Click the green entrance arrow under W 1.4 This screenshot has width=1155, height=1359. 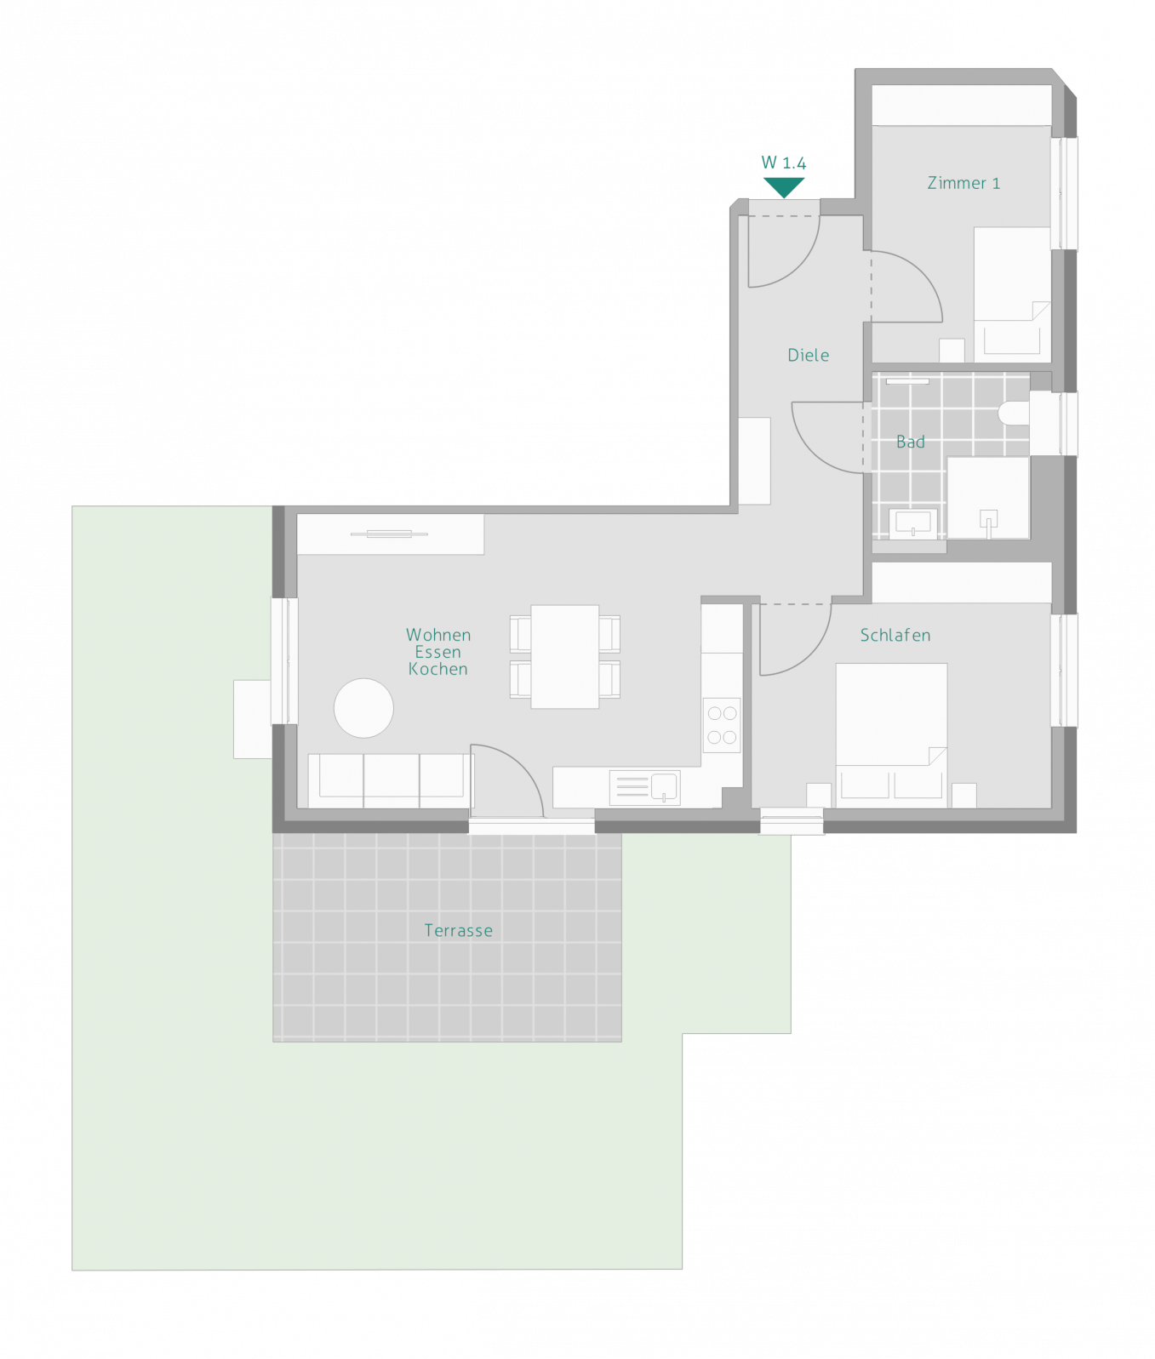click(783, 186)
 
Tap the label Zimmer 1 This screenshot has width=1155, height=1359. click(963, 183)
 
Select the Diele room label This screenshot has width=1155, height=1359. click(808, 355)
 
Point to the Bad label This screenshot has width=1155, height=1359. click(910, 442)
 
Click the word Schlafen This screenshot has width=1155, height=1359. click(895, 635)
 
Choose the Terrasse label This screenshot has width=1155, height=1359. click(458, 930)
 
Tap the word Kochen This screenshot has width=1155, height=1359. click(437, 669)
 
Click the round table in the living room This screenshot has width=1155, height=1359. click(363, 707)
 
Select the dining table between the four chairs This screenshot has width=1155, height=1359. click(564, 656)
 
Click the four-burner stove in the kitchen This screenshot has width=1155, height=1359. click(722, 725)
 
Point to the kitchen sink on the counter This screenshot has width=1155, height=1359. click(644, 787)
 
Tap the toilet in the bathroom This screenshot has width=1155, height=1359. click(1014, 414)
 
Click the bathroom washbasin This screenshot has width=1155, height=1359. click(912, 522)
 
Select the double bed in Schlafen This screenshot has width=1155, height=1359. click(891, 735)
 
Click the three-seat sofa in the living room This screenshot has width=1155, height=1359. click(389, 780)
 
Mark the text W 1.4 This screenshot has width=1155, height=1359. click(783, 163)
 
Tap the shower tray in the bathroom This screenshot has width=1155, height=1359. click(988, 498)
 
